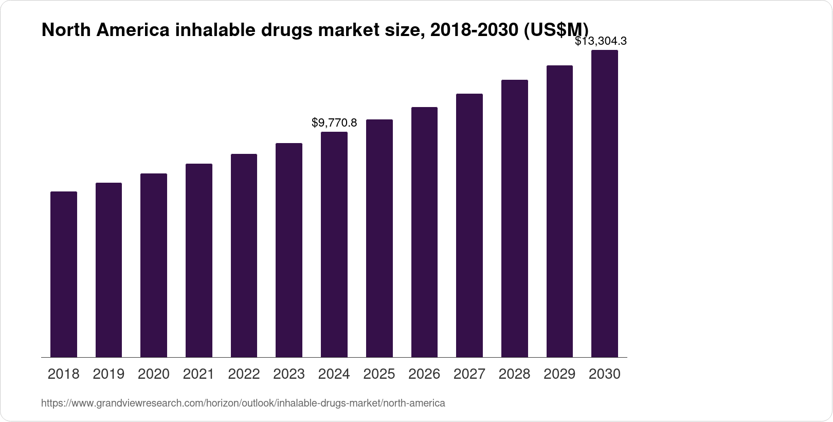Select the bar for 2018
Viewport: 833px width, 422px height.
tap(64, 274)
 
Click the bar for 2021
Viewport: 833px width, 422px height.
tap(199, 260)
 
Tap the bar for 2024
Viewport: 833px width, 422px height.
tap(334, 244)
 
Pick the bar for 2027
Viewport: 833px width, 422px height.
tap(469, 225)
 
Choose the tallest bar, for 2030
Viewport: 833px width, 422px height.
tap(605, 204)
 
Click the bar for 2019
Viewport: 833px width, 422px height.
tap(108, 270)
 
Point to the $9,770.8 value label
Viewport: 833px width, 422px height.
tap(334, 123)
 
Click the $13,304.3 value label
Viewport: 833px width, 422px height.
tap(601, 41)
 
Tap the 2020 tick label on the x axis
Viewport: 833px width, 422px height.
tap(154, 374)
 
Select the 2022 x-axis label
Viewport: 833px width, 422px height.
tap(244, 374)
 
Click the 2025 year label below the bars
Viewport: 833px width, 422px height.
tap(379, 374)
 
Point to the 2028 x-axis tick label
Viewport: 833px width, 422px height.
tap(514, 374)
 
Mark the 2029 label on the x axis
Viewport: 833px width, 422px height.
tap(559, 374)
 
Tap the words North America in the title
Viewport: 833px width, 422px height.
tap(105, 30)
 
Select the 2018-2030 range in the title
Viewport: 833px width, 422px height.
tap(474, 30)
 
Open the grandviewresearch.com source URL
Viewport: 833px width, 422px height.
tap(243, 403)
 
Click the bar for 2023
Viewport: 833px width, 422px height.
tap(289, 250)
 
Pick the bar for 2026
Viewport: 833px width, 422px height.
tap(424, 232)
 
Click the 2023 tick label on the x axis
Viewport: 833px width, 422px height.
tap(289, 374)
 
